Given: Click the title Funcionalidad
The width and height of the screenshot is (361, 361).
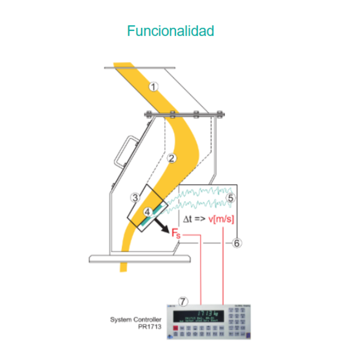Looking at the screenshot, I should click(x=170, y=31).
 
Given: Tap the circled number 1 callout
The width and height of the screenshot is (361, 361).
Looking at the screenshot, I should click(x=153, y=87).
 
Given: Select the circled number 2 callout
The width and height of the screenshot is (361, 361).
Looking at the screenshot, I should click(x=171, y=158).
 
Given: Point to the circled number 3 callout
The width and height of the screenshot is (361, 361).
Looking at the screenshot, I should click(x=135, y=198).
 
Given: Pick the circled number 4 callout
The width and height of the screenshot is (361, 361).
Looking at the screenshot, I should click(x=147, y=212).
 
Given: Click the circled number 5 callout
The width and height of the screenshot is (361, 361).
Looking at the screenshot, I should click(x=231, y=198).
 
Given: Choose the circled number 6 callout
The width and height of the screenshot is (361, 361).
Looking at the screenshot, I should click(x=237, y=243).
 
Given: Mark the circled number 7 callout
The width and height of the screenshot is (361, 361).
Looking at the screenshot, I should click(x=183, y=301).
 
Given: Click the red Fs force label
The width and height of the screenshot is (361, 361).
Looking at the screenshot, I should click(x=176, y=233).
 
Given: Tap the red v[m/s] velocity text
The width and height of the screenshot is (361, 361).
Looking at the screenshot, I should click(x=221, y=219).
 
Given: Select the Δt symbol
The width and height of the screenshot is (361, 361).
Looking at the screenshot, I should click(x=187, y=219).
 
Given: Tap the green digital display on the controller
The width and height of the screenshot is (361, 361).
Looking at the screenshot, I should click(x=199, y=316).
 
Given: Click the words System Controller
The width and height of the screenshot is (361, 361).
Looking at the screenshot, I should click(x=136, y=319).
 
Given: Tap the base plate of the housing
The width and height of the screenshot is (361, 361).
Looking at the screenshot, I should click(x=140, y=259).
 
